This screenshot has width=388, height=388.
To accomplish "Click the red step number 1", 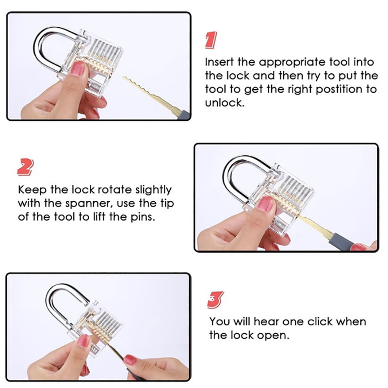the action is coord(211,40).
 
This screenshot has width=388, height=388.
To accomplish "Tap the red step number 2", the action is coord(26,167).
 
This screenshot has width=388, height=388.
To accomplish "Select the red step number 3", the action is coord(215,300).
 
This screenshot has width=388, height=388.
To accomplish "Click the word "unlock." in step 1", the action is coord(225,102).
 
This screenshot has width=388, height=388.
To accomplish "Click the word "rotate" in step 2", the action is coord(114,190).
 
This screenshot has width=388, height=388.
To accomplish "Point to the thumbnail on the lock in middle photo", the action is coord(265,203).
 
